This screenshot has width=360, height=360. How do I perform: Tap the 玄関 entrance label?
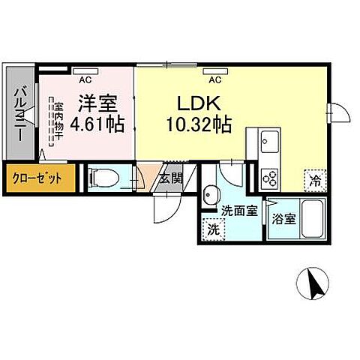(171, 178)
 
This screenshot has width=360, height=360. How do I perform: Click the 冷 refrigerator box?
(316, 180)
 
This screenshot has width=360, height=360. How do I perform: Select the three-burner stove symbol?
(269, 178)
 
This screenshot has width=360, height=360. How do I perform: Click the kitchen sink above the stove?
(269, 142)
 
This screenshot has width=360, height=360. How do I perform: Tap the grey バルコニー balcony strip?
(20, 117)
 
